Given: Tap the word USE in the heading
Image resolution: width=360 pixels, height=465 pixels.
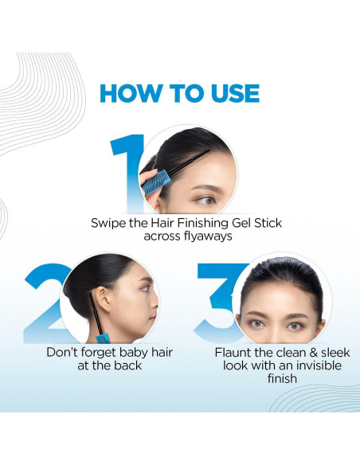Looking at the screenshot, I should (x=229, y=93).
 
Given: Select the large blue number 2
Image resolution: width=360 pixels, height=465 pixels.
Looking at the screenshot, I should (x=45, y=303).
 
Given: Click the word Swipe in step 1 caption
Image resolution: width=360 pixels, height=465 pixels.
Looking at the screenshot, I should (x=108, y=222).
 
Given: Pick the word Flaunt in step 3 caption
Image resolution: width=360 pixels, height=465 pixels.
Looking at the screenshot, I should (x=234, y=352).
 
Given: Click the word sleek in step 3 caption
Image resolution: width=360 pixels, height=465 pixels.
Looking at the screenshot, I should (x=333, y=352).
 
